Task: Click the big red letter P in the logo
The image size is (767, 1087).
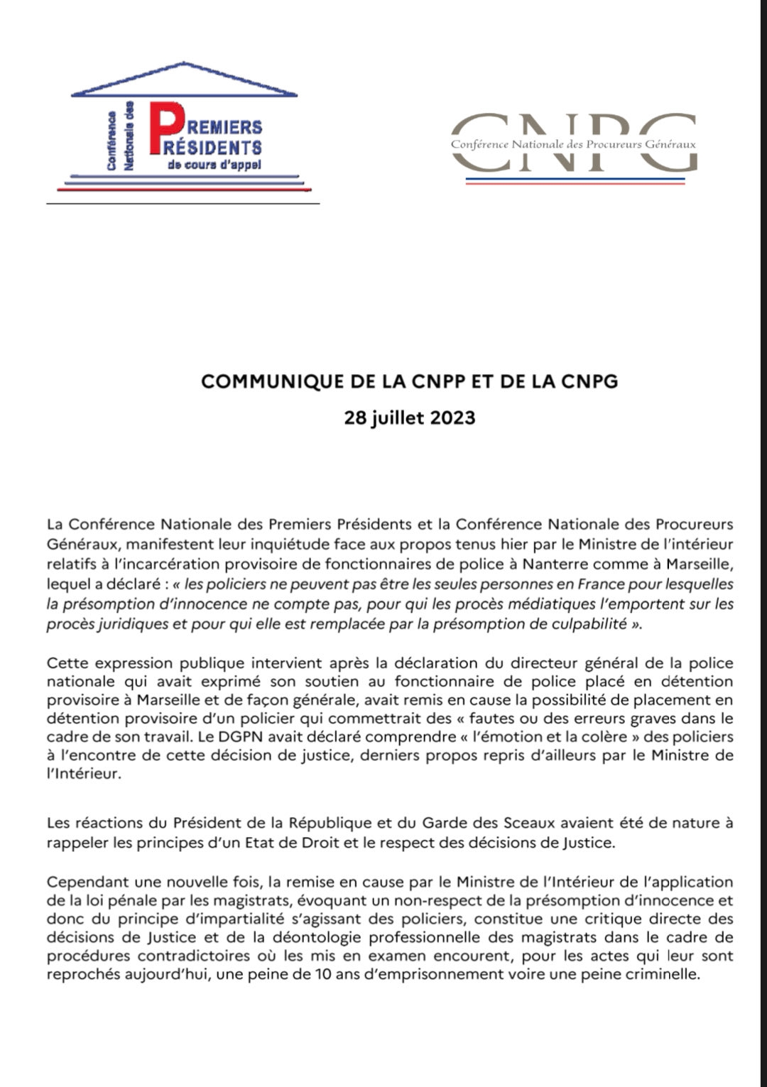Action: (x=165, y=128)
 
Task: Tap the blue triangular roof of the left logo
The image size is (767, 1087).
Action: (x=184, y=80)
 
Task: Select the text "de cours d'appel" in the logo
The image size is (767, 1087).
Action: (x=214, y=165)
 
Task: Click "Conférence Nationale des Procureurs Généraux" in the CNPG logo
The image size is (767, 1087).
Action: (x=573, y=144)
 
